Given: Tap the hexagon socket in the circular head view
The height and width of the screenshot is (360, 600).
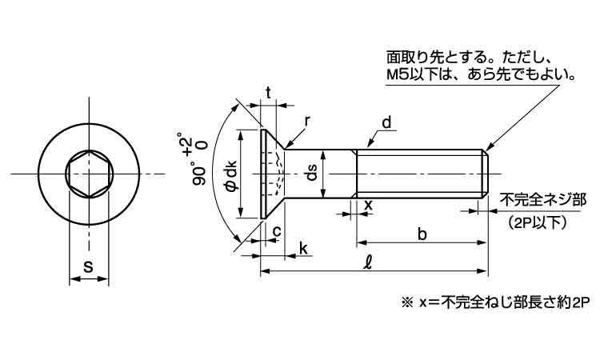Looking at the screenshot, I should [89, 173].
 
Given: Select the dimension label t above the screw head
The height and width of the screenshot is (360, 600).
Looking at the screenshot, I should [268, 91].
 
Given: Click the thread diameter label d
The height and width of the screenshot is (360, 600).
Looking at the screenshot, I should [386, 122].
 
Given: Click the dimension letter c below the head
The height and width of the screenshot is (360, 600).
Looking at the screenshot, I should [276, 231].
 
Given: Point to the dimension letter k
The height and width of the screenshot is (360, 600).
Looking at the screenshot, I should [304, 249].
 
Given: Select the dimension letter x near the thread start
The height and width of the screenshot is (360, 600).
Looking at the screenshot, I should [368, 205].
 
